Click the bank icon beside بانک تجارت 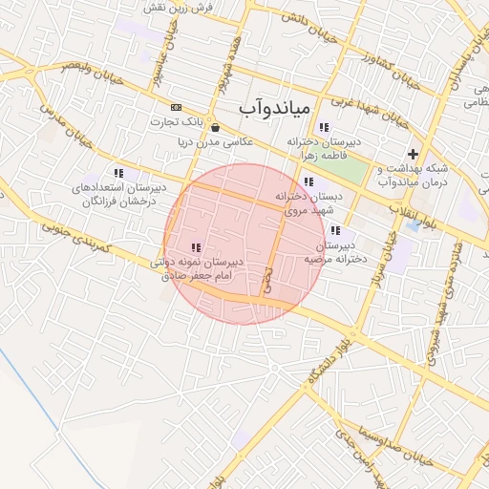(176, 107)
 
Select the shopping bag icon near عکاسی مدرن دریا (215, 127)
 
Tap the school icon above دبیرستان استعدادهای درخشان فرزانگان (118, 173)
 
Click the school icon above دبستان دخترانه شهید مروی (307, 181)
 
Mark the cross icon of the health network (413, 153)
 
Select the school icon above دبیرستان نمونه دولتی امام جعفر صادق (196, 247)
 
